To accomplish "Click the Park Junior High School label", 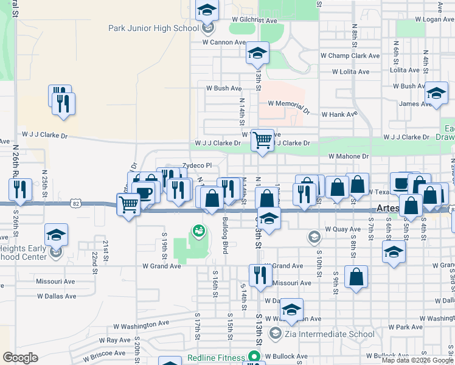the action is click(x=153, y=28).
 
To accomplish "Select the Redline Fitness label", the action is click(x=215, y=358).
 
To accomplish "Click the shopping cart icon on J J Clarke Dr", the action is click(x=262, y=140).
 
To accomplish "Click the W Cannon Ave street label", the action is click(x=224, y=43).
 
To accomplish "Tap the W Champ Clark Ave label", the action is click(x=350, y=55).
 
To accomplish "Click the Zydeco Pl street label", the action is click(x=196, y=165).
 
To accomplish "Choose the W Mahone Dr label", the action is click(x=349, y=156).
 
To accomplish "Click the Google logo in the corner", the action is click(x=20, y=358).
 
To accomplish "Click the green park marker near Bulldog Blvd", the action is click(x=198, y=231).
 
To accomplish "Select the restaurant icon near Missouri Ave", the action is click(x=258, y=274).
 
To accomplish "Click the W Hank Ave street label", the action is click(x=339, y=114).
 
